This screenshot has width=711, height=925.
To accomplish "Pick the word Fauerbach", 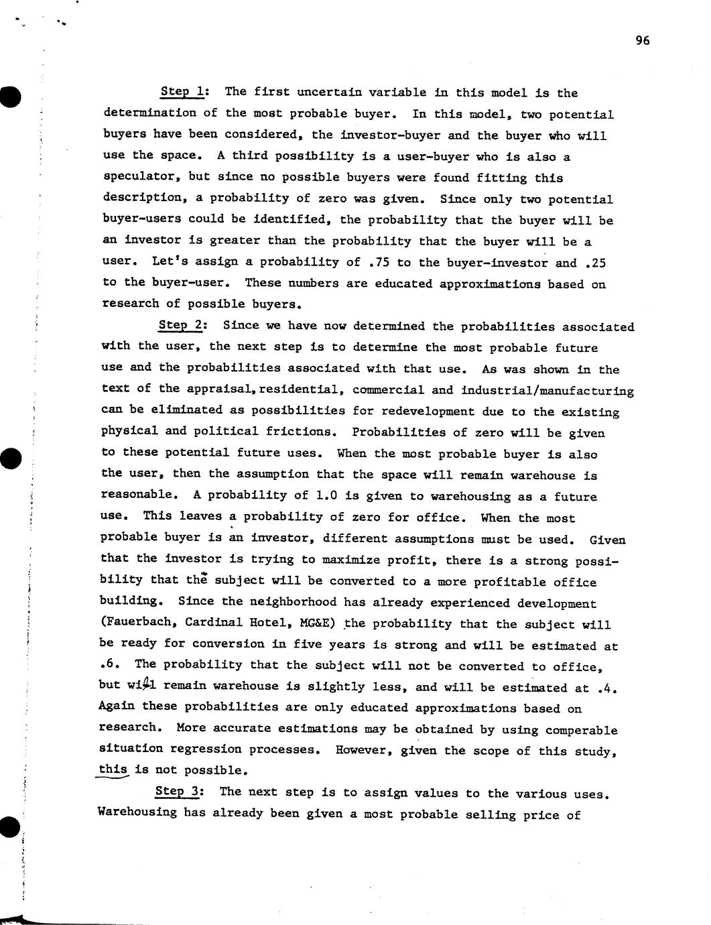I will point(139,623).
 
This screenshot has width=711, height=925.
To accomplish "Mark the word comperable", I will point(581,730).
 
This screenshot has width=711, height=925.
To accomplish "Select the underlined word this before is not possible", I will point(113,769).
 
